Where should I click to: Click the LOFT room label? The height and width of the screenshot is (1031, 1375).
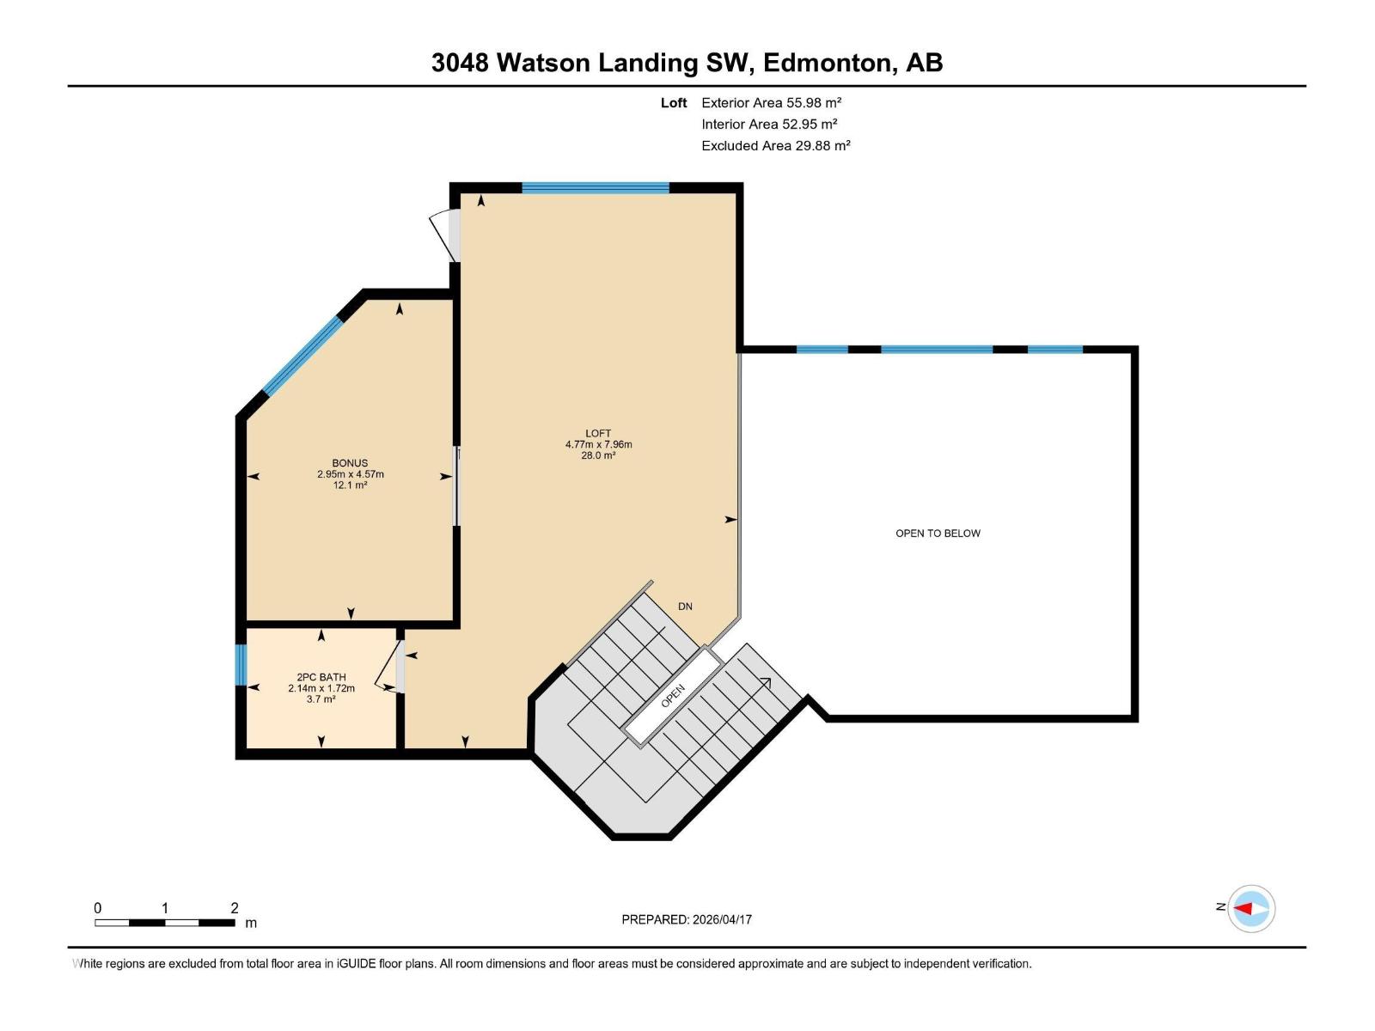click(x=598, y=433)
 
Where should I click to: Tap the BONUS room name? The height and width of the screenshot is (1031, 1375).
click(x=350, y=463)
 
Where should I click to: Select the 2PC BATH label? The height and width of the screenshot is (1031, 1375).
click(x=321, y=677)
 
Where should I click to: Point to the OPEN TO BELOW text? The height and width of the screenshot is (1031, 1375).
click(x=938, y=534)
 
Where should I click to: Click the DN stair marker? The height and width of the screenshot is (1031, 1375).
click(x=685, y=607)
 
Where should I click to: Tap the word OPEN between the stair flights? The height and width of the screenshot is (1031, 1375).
click(x=673, y=696)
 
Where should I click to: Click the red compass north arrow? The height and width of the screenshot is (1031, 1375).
click(x=1244, y=908)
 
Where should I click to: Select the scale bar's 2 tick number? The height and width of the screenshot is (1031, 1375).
click(x=234, y=908)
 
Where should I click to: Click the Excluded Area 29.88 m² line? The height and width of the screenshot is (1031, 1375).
click(x=775, y=145)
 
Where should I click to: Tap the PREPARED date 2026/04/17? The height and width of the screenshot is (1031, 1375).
click(x=722, y=919)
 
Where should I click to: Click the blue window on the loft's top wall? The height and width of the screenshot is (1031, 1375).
click(x=596, y=187)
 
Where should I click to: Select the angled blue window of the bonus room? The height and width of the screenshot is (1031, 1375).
click(x=302, y=357)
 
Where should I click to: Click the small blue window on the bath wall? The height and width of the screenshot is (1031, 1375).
click(x=241, y=665)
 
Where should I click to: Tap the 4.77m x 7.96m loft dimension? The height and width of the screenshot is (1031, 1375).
click(x=598, y=444)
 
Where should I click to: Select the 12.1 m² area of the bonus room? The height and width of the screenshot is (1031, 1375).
click(x=350, y=485)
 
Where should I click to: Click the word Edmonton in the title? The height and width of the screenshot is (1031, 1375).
click(x=826, y=63)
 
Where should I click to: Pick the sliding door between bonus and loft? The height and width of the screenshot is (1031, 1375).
click(x=456, y=486)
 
